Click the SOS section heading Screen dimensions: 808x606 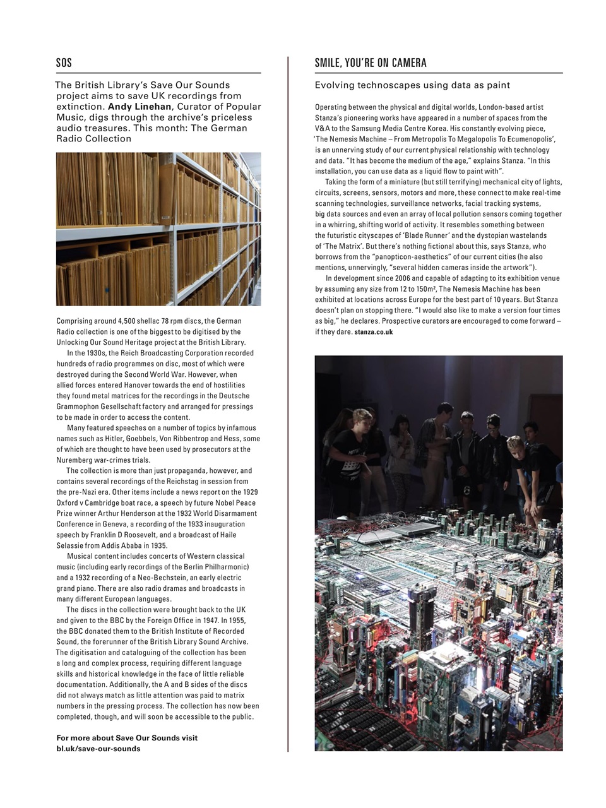(x=64, y=62)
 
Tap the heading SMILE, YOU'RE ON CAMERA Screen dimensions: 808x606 (x=371, y=62)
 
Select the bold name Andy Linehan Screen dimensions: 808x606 (x=140, y=107)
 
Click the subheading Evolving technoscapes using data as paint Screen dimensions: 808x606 (x=412, y=85)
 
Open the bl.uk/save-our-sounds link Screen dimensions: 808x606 (x=98, y=749)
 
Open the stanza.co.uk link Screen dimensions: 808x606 (x=374, y=332)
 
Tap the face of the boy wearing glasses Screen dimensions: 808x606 (x=493, y=423)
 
